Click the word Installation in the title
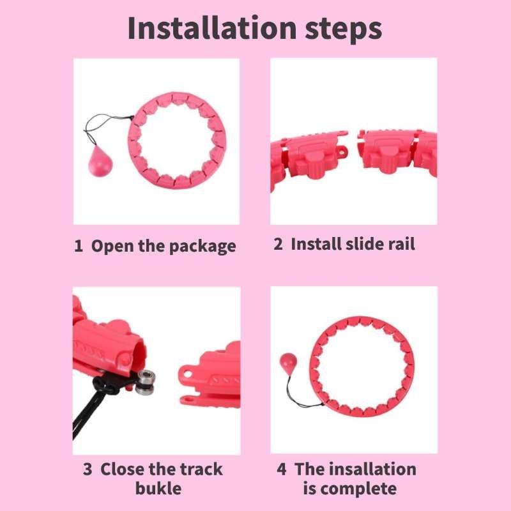pyautogui.click(x=212, y=28)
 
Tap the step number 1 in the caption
pyautogui.click(x=78, y=246)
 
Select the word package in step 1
pyautogui.click(x=202, y=247)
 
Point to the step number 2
pyautogui.click(x=278, y=244)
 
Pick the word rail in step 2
pyautogui.click(x=401, y=244)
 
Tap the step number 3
pyautogui.click(x=88, y=469)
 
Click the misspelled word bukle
pyautogui.click(x=158, y=489)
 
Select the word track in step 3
pyautogui.click(x=201, y=469)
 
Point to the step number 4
pyautogui.click(x=282, y=469)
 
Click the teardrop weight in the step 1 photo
pyautogui.click(x=100, y=162)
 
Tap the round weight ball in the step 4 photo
pyautogui.click(x=289, y=363)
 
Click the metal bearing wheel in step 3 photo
pyautogui.click(x=145, y=383)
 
